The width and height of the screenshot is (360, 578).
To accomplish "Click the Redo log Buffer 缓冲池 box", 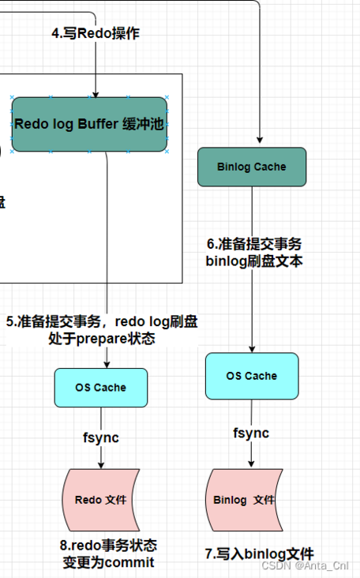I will pos(90,124).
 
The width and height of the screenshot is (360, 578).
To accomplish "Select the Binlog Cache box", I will pos(251,167).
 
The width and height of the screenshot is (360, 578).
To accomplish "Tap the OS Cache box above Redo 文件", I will pos(100,387).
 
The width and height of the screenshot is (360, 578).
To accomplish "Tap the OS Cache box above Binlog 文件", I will pos(251,376).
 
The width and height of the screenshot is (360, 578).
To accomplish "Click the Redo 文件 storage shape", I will pos(100,499).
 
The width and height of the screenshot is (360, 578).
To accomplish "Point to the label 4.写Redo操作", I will pos(96,34).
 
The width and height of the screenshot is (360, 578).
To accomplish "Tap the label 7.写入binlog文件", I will pos(259,554).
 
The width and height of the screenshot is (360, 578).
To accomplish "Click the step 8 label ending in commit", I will pos(108,554).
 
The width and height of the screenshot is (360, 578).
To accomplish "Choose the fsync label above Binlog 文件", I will pos(251,433).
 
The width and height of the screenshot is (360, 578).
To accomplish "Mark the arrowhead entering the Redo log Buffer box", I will pos(96,93).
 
